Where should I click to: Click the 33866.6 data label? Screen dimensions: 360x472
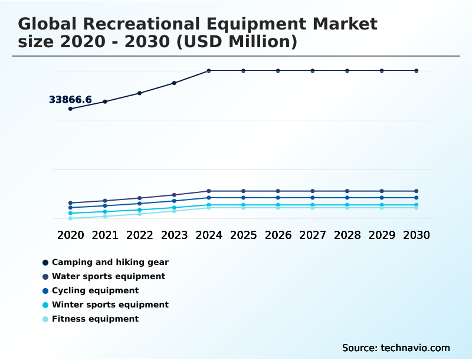[x=70, y=100]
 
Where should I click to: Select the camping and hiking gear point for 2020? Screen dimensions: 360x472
[x=70, y=109]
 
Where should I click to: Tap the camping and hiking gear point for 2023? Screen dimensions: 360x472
[x=174, y=83]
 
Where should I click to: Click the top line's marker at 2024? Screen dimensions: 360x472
[x=209, y=71]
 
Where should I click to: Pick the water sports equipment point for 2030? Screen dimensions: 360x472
[x=417, y=191]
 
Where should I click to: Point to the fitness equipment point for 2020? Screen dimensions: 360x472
[x=70, y=218]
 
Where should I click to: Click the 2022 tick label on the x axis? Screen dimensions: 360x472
[x=140, y=235]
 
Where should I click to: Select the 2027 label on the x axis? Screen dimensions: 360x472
[x=313, y=235]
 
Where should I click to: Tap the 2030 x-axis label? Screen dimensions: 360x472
[x=417, y=235]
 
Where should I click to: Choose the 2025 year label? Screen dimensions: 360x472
[x=243, y=235]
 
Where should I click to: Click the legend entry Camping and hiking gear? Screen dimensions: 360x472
[x=110, y=262]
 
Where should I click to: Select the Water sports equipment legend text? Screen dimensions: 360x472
[x=108, y=276]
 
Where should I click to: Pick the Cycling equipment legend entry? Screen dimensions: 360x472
[x=95, y=290]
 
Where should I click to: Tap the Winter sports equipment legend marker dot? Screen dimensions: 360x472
[x=45, y=305]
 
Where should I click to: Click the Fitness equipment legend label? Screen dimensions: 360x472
[x=95, y=319]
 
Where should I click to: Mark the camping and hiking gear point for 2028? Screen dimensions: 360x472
[x=347, y=71]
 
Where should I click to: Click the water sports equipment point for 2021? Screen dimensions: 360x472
[x=105, y=201]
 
